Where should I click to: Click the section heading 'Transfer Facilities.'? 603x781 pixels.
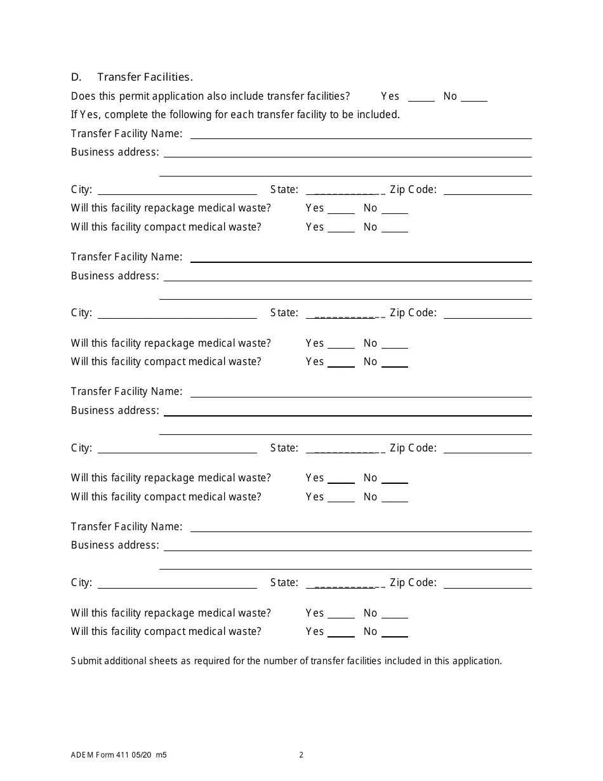click(145, 77)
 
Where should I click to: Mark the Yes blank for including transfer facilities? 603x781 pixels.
click(421, 97)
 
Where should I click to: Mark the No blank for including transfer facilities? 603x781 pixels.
click(474, 97)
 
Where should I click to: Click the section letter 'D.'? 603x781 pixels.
click(76, 77)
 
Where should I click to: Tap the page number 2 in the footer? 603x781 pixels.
click(301, 755)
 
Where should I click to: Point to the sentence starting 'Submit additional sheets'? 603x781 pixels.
click(286, 661)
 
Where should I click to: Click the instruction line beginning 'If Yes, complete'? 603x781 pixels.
click(235, 115)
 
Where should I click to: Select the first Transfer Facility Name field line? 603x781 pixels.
click(361, 134)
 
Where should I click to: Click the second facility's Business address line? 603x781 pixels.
click(347, 276)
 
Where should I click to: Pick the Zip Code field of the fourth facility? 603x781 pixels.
click(487, 584)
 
